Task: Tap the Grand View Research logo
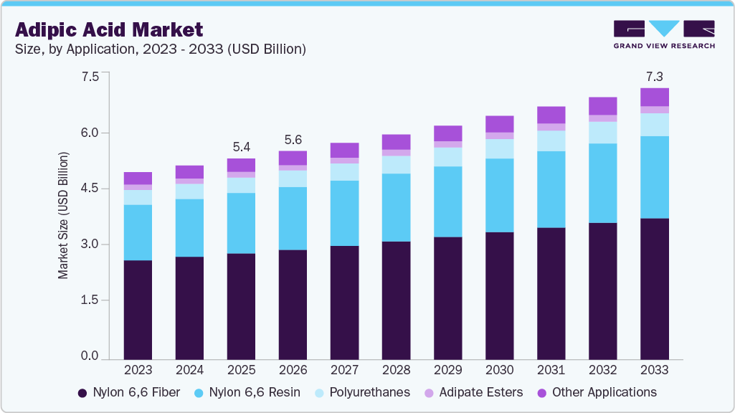click(x=663, y=34)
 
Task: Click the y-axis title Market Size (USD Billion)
click(x=63, y=215)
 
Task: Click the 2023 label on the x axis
click(x=138, y=370)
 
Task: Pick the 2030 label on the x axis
click(x=499, y=370)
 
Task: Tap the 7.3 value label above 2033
click(x=654, y=75)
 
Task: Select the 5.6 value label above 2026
click(x=293, y=139)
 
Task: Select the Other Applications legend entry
click(x=595, y=392)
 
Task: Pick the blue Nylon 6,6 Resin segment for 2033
click(x=654, y=177)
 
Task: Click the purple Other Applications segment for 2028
click(x=396, y=142)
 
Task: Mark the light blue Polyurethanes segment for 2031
click(x=551, y=141)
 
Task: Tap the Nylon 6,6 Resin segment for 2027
click(x=344, y=213)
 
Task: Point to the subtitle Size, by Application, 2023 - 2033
click(x=161, y=49)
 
